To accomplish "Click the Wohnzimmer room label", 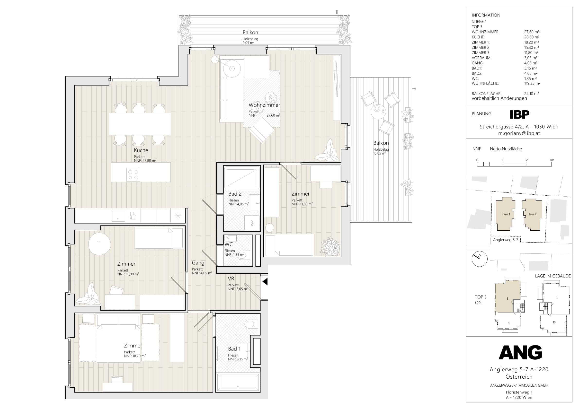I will pos(264,105).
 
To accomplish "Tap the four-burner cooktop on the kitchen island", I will pos(133,175).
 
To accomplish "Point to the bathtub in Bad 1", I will pos(238,383).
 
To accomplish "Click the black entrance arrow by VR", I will pos(265,282).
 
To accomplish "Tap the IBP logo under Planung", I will pos(519,115).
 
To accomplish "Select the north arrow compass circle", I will pos(479,259).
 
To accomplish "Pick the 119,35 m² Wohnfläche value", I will pos(532,83).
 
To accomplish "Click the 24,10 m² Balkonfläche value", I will pos(531,94).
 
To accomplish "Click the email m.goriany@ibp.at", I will pos(519,134).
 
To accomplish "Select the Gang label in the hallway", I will pos(198,263).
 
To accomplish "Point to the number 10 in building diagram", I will pos(554,322).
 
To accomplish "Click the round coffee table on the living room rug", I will pos(271,97).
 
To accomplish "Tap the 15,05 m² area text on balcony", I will pos(380,153).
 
